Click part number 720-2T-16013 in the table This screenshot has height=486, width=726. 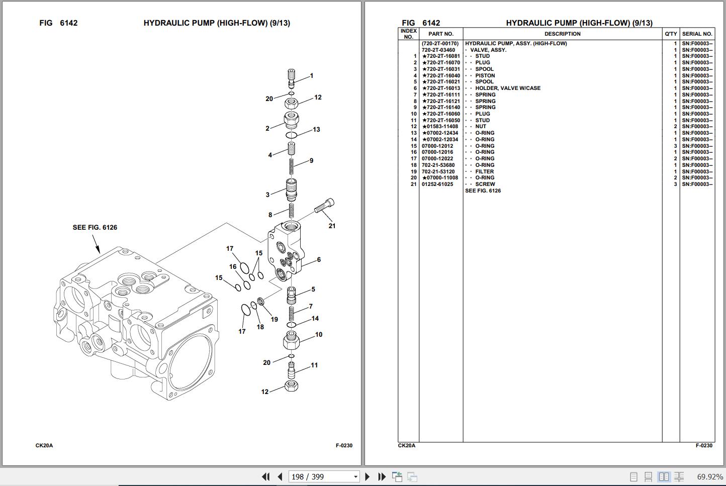[441, 88]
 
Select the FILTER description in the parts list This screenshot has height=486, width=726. [485, 171]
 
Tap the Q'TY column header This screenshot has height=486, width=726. [671, 34]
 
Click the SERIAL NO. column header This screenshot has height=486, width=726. [697, 34]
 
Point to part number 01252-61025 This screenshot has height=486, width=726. [437, 184]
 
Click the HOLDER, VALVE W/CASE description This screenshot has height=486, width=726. [508, 88]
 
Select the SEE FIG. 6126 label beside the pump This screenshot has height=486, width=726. [95, 228]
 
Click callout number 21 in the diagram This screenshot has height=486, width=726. [332, 226]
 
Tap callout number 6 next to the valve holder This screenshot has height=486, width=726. [319, 260]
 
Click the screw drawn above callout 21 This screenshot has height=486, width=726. [324, 206]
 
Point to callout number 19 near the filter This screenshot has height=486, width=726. [274, 319]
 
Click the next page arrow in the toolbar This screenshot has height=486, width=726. [368, 476]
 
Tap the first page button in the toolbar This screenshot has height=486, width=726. [265, 476]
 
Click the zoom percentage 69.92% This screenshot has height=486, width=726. [709, 476]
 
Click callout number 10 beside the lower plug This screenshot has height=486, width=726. [319, 335]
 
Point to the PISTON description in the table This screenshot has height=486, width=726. [485, 76]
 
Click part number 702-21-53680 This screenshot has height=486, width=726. [438, 165]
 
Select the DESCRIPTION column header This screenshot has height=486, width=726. [562, 34]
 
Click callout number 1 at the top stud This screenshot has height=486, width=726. [312, 76]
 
